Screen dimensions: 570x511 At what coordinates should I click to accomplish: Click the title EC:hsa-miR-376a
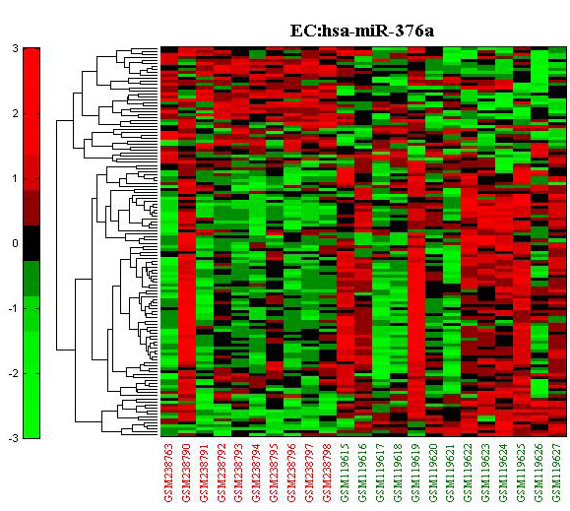[x=362, y=31]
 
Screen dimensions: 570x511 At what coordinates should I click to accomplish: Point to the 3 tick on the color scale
[x=15, y=48]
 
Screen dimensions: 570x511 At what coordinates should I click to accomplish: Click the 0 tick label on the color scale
[x=15, y=243]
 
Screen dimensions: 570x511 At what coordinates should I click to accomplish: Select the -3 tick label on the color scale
[x=14, y=438]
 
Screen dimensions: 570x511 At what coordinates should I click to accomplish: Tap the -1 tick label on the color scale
[x=14, y=308]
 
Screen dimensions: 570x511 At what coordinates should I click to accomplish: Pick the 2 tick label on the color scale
[x=15, y=113]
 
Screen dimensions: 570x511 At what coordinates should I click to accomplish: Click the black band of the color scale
[x=32, y=243]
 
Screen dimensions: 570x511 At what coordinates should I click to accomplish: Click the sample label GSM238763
[x=169, y=473]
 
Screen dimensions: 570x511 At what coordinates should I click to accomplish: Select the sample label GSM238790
[x=187, y=473]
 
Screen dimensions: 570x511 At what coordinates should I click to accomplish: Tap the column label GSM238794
[x=257, y=473]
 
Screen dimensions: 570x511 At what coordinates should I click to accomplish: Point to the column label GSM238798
[x=328, y=473]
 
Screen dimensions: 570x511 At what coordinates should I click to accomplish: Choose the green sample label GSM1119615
[x=346, y=473]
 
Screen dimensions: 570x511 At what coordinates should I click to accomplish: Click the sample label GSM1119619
[x=416, y=473]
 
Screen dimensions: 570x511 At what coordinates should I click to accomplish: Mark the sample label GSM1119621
[x=452, y=473]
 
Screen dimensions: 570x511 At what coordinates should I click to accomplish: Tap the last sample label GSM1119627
[x=557, y=473]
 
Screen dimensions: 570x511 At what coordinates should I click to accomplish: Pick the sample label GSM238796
[x=292, y=473]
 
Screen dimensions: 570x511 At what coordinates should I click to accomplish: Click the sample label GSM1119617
[x=381, y=473]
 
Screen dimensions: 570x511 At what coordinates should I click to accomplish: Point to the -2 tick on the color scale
[x=14, y=373]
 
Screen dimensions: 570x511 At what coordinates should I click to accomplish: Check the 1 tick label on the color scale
[x=15, y=178]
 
